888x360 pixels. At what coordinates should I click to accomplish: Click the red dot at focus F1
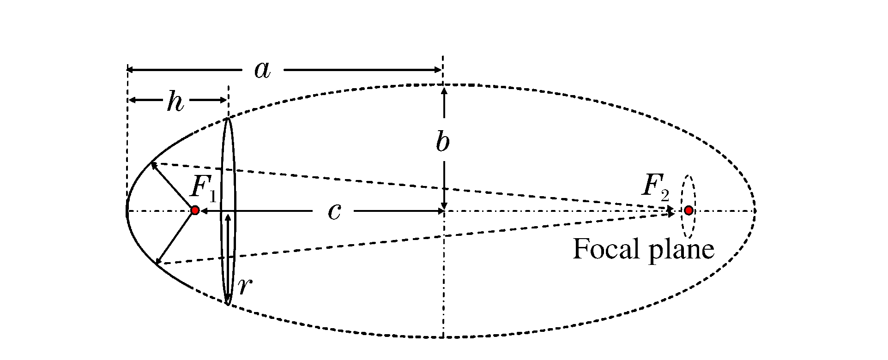[195, 210]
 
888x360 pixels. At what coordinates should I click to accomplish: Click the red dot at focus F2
[689, 210]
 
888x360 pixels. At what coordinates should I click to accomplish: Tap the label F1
[203, 189]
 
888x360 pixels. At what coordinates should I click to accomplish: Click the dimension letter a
[262, 70]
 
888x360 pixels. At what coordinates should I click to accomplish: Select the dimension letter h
[175, 102]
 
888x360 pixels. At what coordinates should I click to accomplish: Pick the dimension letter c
[334, 211]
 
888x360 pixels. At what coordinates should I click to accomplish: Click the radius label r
[245, 286]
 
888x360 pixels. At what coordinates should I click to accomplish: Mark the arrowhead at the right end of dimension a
[439, 70]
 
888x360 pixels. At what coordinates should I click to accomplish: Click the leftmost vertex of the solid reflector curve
[127, 211]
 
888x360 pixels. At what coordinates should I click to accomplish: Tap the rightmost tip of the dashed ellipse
[755, 211]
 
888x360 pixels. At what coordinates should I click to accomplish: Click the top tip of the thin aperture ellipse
[228, 119]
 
